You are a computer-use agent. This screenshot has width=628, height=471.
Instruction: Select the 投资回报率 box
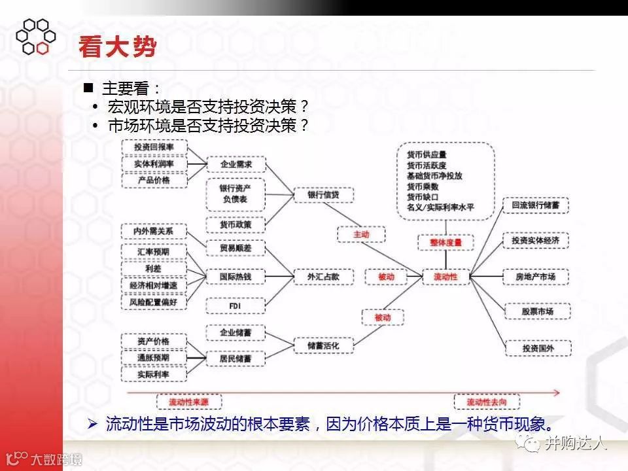(154, 147)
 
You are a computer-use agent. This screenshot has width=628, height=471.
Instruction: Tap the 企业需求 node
(235, 164)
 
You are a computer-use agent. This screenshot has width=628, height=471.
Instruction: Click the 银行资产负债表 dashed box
(235, 194)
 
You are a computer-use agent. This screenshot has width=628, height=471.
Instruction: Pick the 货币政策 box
(235, 224)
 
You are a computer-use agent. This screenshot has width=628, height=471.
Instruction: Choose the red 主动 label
(361, 234)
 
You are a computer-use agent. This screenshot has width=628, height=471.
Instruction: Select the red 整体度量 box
(441, 242)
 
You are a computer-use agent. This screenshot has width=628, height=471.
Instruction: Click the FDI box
(235, 305)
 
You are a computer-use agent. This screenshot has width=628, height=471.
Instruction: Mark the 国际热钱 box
(235, 277)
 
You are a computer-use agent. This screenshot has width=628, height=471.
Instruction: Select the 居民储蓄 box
(235, 358)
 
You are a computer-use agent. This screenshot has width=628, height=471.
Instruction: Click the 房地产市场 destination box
(535, 277)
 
